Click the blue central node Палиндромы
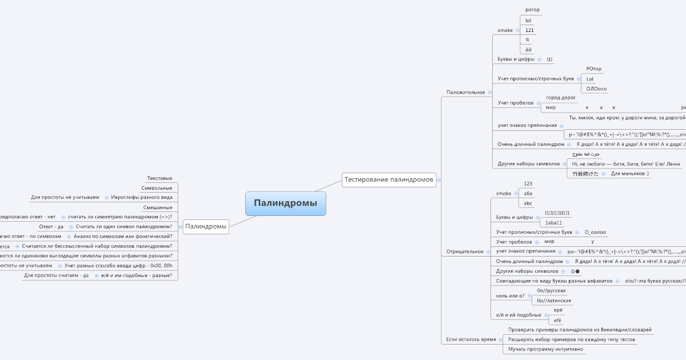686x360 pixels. tap(285, 203)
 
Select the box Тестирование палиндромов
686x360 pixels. tap(389, 179)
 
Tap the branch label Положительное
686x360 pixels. tap(465, 92)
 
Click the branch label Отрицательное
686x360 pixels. tap(465, 251)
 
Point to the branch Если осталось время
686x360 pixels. tap(470, 339)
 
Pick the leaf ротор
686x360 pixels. tap(532, 10)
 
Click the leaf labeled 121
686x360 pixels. tap(529, 30)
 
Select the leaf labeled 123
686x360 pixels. tap(528, 183)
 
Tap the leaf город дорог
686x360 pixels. tap(561, 98)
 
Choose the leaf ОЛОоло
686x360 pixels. tap(596, 89)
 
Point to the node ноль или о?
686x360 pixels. tap(510, 295)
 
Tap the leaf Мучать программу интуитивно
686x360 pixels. tap(545, 349)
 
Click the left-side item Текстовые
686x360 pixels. tap(159, 178)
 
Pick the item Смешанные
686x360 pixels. tap(158, 207)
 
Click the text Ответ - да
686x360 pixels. tap(51, 226)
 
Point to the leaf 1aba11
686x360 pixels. tap(553, 222)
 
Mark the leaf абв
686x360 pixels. tap(528, 193)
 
